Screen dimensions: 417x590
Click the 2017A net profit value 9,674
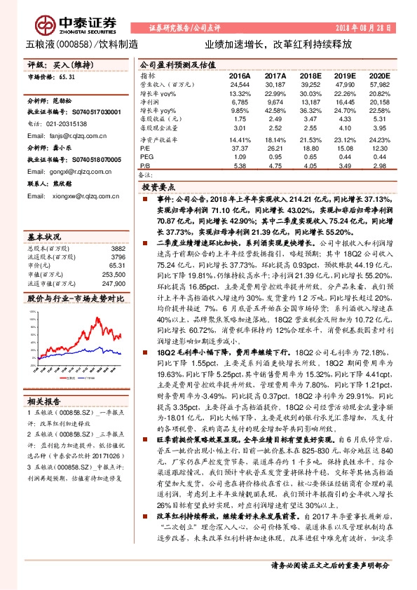point(275,102)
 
